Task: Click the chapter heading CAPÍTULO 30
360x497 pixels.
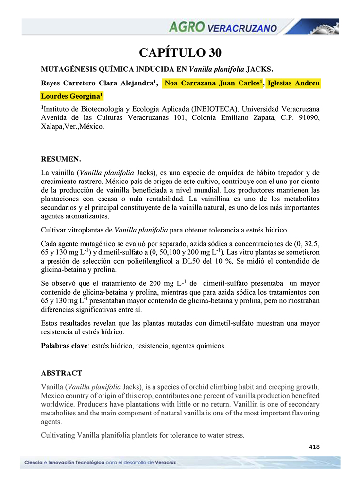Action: click(180, 52)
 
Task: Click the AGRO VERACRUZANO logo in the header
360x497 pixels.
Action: click(223, 27)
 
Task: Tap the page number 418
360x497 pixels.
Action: click(314, 447)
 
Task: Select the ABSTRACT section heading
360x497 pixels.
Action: click(61, 373)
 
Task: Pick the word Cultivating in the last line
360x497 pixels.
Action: click(58, 435)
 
